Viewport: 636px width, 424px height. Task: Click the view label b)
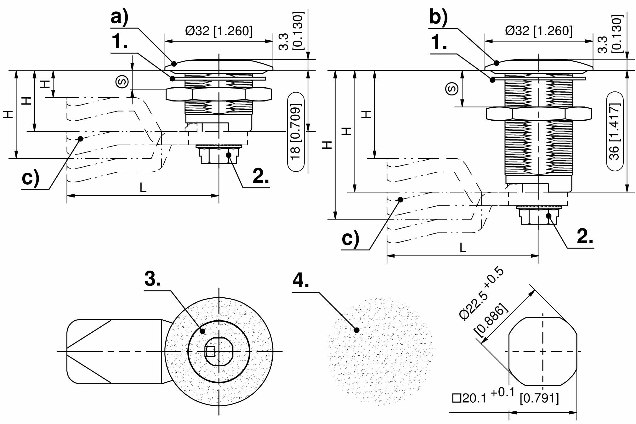[x=438, y=17]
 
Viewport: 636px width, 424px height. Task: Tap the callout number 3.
[x=153, y=279]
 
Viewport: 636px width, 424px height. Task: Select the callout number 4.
[x=301, y=280]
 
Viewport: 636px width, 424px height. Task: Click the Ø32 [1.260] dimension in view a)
[x=219, y=31]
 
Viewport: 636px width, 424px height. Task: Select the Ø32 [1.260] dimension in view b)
[x=539, y=31]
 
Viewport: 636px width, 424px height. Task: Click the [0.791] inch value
[x=539, y=398]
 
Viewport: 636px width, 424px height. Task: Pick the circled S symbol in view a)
[x=122, y=82]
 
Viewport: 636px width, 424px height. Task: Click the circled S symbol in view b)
[x=452, y=89]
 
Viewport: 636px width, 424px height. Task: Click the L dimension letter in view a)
[x=143, y=188]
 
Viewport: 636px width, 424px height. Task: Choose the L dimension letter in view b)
[x=463, y=248]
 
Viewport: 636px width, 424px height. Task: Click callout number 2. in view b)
[x=585, y=236]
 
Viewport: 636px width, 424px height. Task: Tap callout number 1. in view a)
[x=120, y=42]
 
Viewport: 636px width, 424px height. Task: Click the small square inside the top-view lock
[x=210, y=352]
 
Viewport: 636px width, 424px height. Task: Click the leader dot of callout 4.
[x=357, y=330]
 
